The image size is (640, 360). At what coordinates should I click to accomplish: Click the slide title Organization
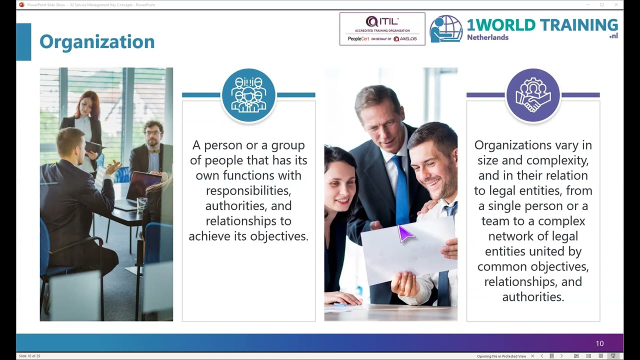pos(97,42)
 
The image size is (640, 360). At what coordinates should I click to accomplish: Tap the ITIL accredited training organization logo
pos(382,29)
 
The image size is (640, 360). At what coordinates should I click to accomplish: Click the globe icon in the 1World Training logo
pos(446,28)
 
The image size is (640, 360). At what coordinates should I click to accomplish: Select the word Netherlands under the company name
pos(487,37)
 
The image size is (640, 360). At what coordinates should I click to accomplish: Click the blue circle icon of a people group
pos(248,95)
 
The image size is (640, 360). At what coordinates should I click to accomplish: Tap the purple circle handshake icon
pos(533,95)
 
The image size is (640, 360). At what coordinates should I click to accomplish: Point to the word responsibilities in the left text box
pos(248,190)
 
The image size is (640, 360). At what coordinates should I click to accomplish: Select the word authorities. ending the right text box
pos(533,296)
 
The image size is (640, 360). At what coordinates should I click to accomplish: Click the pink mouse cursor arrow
pos(405,233)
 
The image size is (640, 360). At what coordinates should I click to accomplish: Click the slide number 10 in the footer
pos(599,343)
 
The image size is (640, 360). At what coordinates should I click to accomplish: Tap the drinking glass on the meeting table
pos(141,203)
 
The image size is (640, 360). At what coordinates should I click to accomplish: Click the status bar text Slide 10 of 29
pos(29,356)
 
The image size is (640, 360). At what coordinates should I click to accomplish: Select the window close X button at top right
pos(616,4)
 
